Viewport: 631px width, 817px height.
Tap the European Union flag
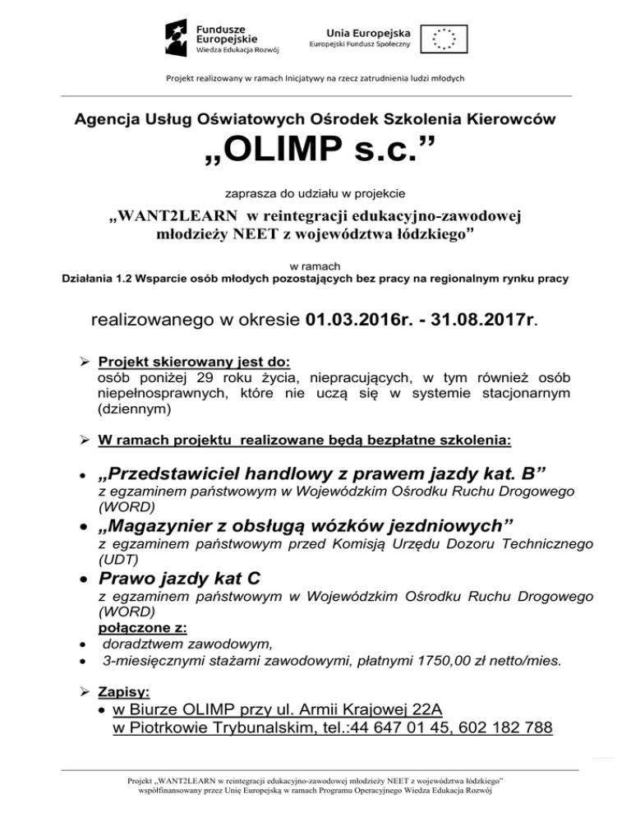(x=444, y=37)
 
